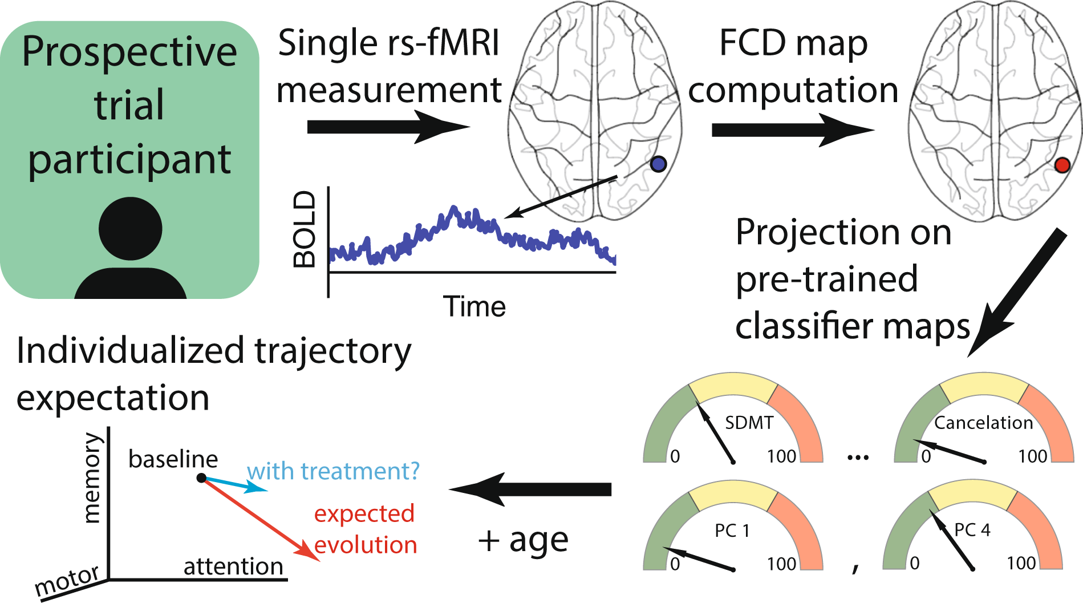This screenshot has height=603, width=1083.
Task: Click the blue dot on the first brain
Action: tap(658, 164)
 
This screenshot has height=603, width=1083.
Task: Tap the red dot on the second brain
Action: tap(1062, 165)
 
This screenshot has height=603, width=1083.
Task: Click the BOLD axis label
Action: tap(305, 229)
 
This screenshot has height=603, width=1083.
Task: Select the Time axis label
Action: tap(474, 306)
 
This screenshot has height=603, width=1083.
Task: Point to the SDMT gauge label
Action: tap(749, 423)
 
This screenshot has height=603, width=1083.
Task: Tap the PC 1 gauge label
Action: tap(732, 531)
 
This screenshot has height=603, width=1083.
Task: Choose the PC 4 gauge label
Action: tap(972, 530)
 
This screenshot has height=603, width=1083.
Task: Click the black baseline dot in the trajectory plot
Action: tap(201, 477)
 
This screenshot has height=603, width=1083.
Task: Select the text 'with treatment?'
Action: tap(333, 471)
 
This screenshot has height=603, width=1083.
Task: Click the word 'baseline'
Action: tap(173, 459)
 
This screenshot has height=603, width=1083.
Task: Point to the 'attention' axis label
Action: tap(233, 566)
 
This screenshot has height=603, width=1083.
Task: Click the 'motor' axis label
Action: tap(67, 581)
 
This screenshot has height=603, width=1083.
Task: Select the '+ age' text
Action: tap(523, 540)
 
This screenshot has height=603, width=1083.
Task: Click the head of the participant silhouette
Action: tap(131, 229)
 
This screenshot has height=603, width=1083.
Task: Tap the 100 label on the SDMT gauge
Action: tap(781, 456)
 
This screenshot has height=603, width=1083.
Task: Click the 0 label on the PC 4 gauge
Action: tap(914, 564)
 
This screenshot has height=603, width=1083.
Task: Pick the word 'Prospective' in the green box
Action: tap(129, 52)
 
